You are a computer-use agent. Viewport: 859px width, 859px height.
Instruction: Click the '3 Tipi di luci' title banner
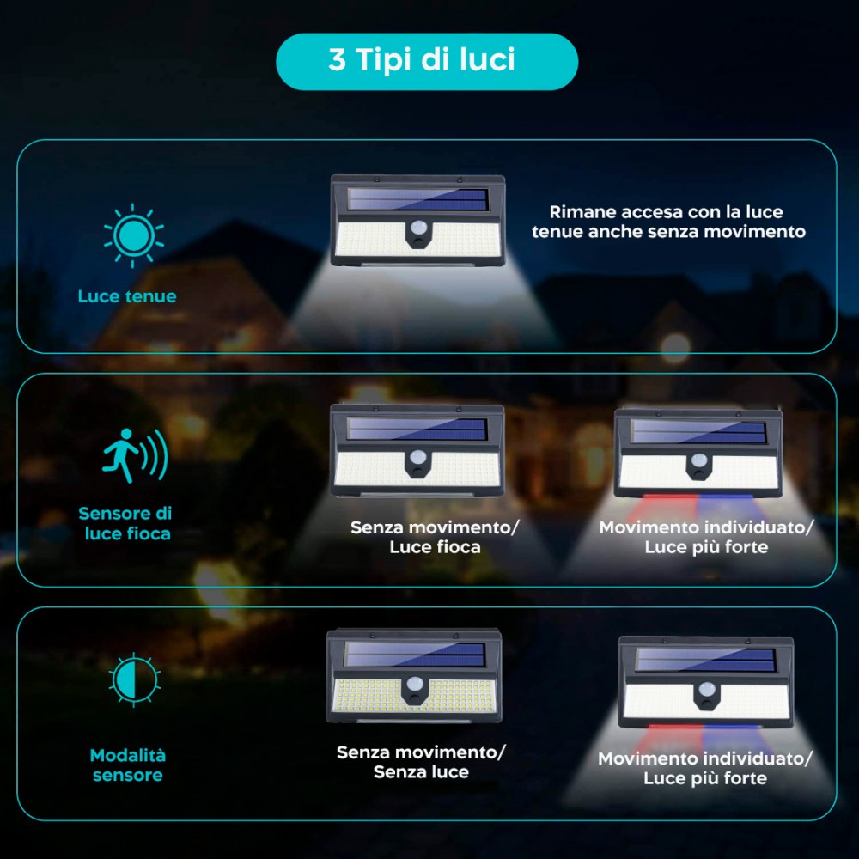tap(426, 61)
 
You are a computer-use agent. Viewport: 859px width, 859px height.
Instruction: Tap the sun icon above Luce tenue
tap(133, 234)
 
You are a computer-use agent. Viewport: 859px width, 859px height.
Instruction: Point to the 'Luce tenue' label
tap(127, 297)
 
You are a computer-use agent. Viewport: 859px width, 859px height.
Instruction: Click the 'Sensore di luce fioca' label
tap(125, 523)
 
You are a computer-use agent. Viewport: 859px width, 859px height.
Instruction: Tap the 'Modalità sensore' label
tap(128, 765)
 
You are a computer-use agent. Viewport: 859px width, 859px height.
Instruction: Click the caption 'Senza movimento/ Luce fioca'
tap(435, 537)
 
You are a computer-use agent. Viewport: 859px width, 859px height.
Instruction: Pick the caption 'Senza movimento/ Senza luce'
tap(421, 762)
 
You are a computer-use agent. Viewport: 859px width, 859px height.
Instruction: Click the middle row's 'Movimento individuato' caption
tap(705, 537)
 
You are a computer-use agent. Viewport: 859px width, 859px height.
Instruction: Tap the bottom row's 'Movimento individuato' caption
tap(704, 768)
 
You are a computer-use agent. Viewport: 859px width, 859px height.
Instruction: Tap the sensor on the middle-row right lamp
tap(699, 463)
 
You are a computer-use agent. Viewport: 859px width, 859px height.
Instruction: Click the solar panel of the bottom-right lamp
tap(704, 661)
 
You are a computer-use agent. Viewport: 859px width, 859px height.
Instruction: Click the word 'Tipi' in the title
tap(385, 61)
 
